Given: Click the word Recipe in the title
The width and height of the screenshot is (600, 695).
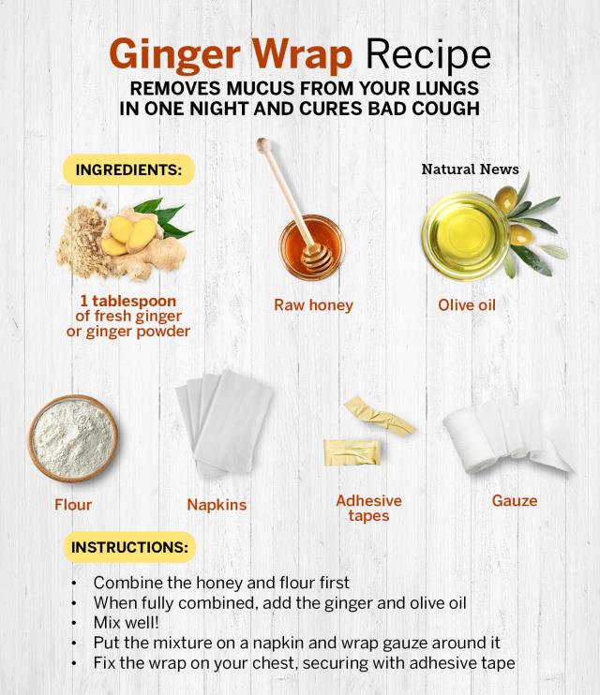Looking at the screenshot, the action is coord(427,54).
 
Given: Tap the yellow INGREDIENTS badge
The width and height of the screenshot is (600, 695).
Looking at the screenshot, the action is coord(128,170).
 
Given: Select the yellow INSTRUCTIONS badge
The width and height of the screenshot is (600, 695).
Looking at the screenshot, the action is coord(129,547).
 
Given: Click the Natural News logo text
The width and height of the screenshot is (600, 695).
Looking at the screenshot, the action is coord(470,169).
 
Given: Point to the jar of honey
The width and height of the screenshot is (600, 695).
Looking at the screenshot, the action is coord(312,247).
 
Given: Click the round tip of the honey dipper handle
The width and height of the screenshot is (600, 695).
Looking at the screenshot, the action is coord(263,144).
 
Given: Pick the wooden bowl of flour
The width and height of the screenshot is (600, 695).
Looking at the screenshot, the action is coord(73,438).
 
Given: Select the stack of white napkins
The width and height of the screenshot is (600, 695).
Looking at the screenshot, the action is coord(224,423).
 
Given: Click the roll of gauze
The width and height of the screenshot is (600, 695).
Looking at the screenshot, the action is coord(508,436).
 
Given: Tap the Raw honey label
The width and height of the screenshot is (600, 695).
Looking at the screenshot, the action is coord(313,305).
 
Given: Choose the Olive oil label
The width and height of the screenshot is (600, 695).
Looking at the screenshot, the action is coord(467,305).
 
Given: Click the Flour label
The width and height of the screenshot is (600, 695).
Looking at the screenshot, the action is coord(73,505).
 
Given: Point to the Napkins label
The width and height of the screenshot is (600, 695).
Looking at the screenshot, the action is coord(217,505).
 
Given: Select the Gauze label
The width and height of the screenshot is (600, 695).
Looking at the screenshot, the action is coord(515,501).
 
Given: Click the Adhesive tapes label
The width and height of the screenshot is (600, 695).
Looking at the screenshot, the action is coord(368,509).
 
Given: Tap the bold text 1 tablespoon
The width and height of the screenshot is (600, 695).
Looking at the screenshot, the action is coord(128,302).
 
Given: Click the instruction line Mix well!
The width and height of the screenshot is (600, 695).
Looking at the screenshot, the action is coord(126,623).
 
